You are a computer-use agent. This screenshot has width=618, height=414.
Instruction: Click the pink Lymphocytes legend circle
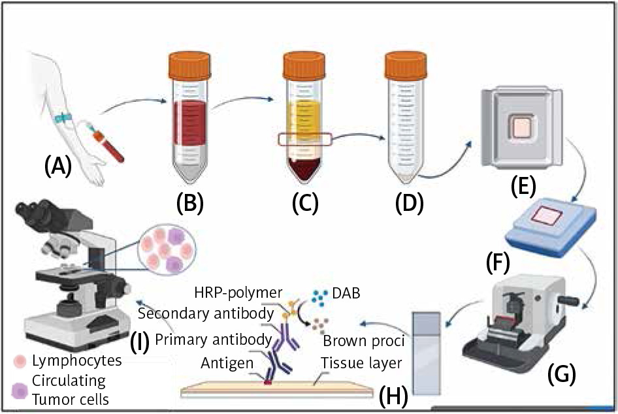(x=19, y=360)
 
